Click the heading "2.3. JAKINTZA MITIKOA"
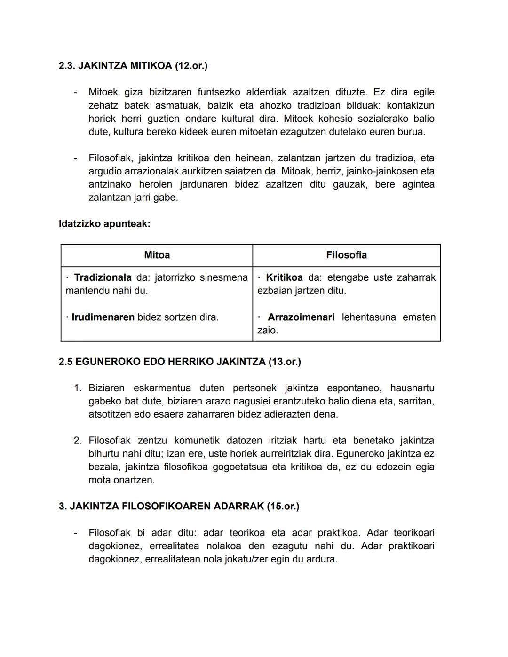click(115, 66)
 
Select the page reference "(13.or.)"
click(285, 362)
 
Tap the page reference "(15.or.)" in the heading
click(283, 506)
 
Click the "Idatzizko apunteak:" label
click(104, 224)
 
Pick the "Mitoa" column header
click(157, 255)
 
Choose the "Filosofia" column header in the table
click(346, 255)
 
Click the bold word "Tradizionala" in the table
click(103, 277)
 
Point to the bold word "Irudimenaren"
click(103, 317)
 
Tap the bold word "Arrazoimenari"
click(301, 317)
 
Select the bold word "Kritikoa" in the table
click(284, 277)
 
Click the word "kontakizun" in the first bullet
click(410, 105)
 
